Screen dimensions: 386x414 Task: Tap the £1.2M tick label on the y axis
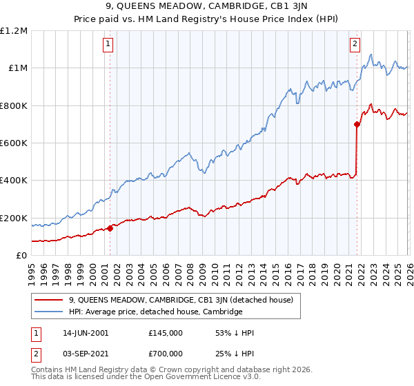[x=14, y=31]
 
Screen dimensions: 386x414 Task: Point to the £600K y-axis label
[x=14, y=143]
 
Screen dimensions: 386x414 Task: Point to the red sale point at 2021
[x=357, y=125]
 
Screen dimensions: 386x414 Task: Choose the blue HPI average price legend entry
[x=155, y=312]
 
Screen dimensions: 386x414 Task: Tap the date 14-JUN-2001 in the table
[x=85, y=333]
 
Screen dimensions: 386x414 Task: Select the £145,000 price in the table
[x=165, y=333]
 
